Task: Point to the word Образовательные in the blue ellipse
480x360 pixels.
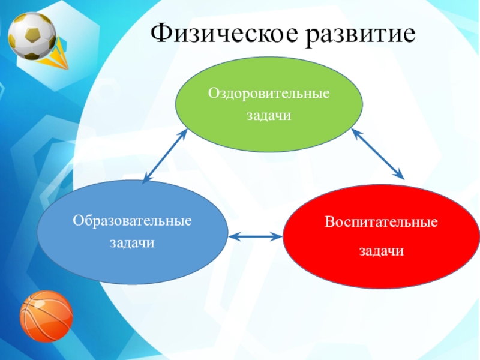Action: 133,221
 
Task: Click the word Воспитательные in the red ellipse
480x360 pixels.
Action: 382,222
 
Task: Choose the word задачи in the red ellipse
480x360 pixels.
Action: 382,250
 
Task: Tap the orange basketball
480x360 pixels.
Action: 46,316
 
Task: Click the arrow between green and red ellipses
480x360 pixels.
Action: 378,153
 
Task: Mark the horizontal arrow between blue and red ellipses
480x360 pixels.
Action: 255,237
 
